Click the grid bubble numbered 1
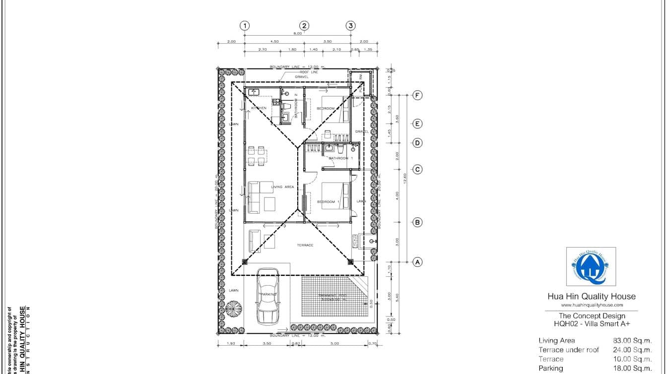pos(244,26)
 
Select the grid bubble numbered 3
pos(351,26)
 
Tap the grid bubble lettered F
pos(418,95)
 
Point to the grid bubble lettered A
pos(418,262)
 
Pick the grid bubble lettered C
pos(418,170)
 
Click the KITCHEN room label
pos(259,108)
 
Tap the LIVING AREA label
pos(283,187)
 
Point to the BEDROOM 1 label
pos(329,201)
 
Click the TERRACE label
pos(305,245)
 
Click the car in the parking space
pos(266,295)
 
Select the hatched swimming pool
pos(333,298)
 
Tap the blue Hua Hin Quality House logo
pos(591,266)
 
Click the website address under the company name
pos(592,305)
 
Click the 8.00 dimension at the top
pos(297,33)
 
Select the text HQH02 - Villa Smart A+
pos(592,323)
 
